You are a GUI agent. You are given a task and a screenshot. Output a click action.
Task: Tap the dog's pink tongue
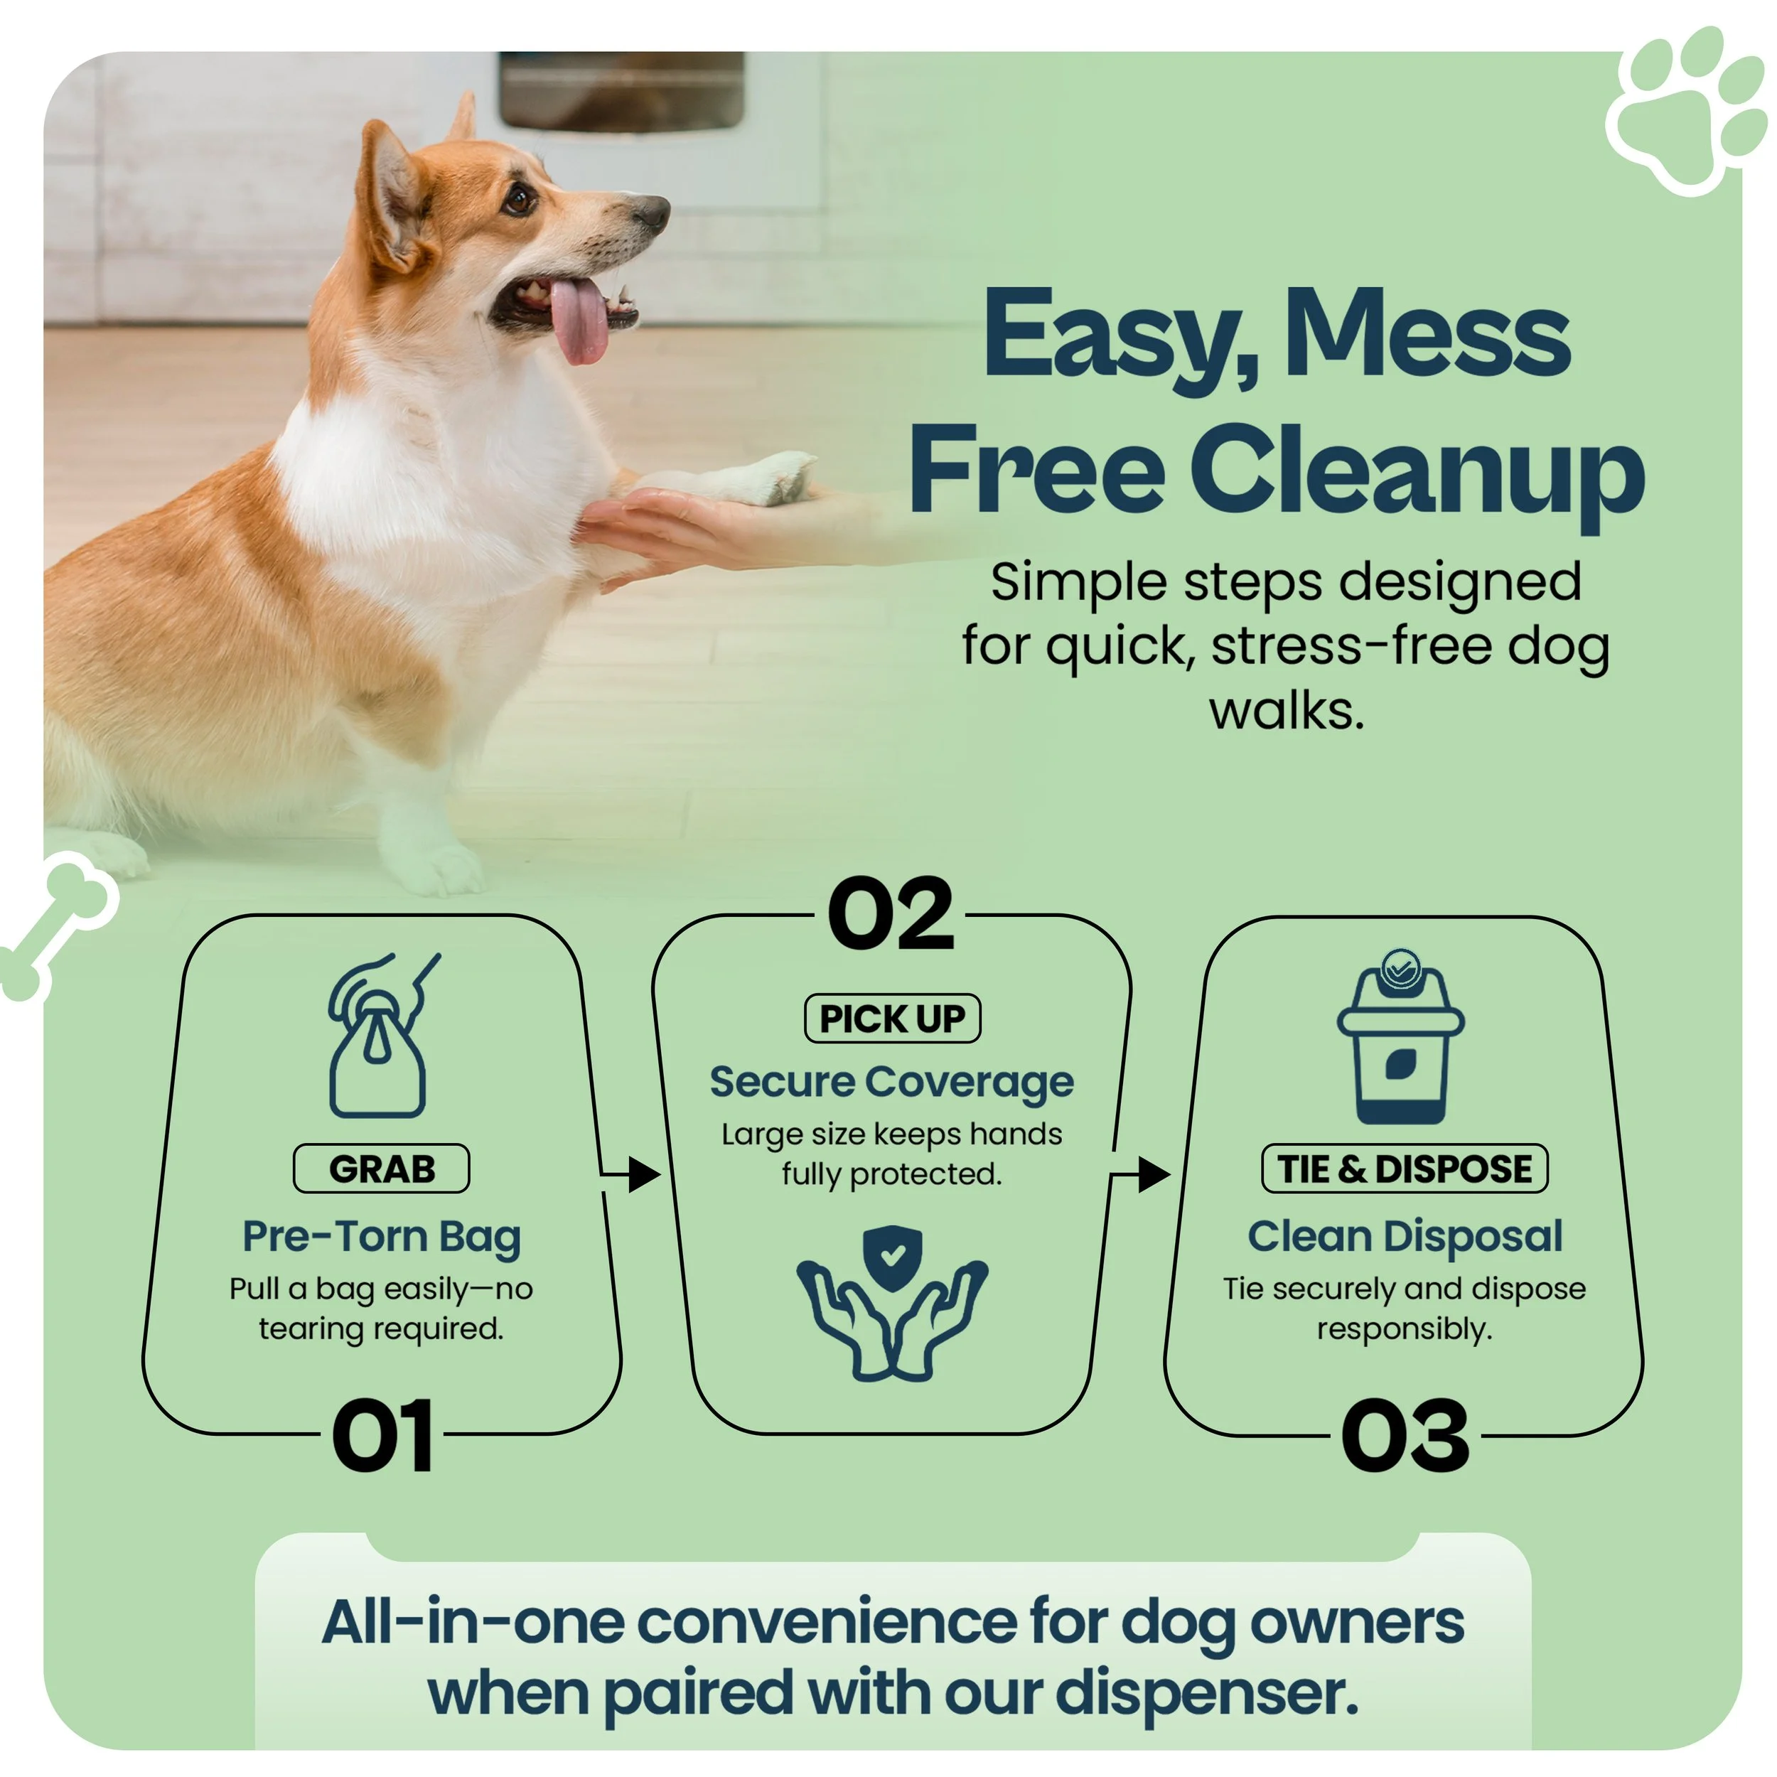point(579,322)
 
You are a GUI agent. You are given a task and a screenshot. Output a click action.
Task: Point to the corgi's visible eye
point(520,198)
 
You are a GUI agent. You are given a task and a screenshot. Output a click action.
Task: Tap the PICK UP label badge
point(892,1018)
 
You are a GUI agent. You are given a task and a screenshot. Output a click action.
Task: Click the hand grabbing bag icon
point(379,1036)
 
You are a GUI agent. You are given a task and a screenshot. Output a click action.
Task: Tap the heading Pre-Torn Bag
point(382,1236)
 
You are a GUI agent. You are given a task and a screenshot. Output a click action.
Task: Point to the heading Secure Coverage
point(891,1082)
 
